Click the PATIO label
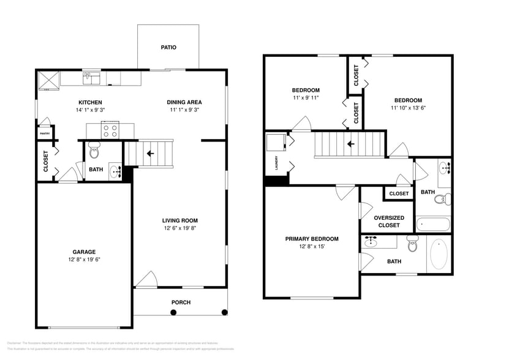point(168,47)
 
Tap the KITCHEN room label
point(90,102)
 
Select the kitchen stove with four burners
point(110,130)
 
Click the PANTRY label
point(45,133)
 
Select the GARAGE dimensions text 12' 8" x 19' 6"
point(84,259)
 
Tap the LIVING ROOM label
point(179,220)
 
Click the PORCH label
point(181,302)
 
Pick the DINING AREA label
point(184,102)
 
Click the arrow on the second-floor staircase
point(350,144)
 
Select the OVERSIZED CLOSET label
point(389,221)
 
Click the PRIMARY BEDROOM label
point(311,239)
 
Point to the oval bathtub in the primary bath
point(439,254)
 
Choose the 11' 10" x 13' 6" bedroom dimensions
point(408,108)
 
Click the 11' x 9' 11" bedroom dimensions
point(306,98)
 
